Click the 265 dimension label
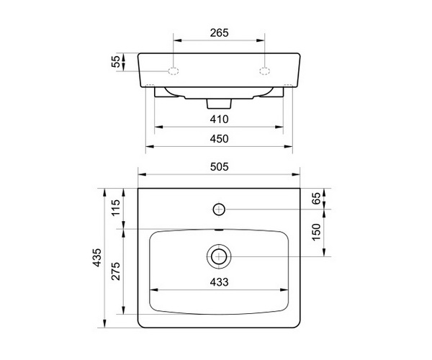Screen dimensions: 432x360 point(220,33)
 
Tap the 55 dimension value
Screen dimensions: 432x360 point(116,61)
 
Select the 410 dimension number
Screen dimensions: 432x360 point(220,120)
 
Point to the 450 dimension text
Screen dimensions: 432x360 point(220,139)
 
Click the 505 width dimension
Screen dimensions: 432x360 point(220,167)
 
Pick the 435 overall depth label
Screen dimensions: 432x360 point(96,258)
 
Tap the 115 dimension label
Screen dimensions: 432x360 point(116,207)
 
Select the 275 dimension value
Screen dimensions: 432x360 point(116,271)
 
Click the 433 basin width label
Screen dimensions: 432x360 point(220,282)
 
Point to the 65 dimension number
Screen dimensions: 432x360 point(317,198)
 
